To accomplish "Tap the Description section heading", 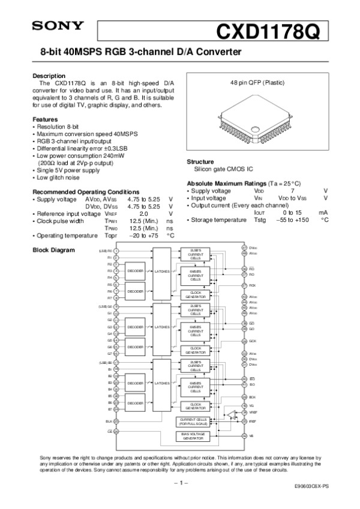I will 49,76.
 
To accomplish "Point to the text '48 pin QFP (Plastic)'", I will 257,82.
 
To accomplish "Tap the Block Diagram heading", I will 53,249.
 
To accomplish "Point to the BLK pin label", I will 109,421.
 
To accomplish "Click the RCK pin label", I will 253,285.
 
